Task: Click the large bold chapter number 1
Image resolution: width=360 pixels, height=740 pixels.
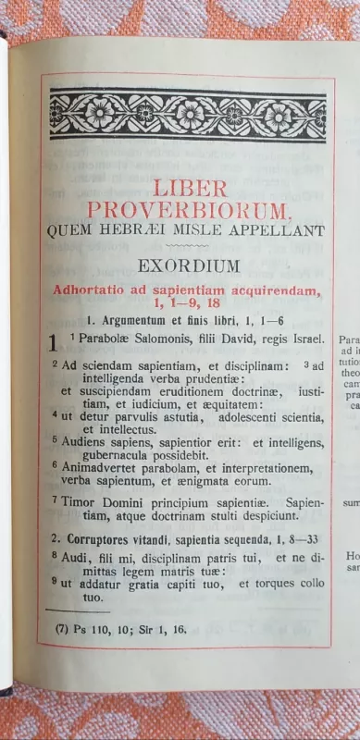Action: click(x=55, y=344)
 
